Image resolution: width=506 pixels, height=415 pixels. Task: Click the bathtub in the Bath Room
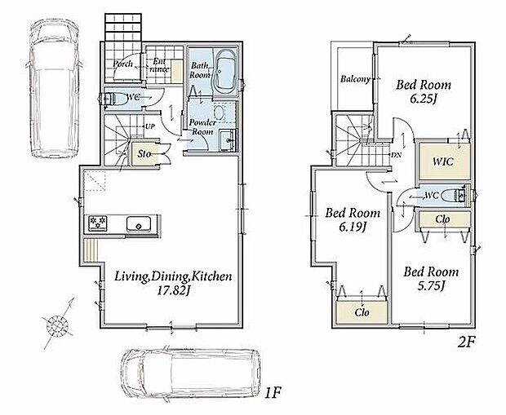[x=225, y=71]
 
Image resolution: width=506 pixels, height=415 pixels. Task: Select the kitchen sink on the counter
[x=139, y=224]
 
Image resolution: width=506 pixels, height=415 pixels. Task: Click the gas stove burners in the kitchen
[x=98, y=223]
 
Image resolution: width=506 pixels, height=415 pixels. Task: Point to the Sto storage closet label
[x=144, y=154]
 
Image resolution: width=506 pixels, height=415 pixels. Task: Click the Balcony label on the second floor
[x=355, y=79]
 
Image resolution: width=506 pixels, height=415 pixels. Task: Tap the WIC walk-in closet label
[x=442, y=161]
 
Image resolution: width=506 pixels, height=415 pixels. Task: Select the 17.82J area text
[x=173, y=291]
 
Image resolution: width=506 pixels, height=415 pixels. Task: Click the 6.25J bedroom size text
[x=423, y=99]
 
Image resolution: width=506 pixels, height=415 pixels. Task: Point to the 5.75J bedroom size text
[x=429, y=285]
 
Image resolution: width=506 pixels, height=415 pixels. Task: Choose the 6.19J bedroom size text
[x=352, y=227]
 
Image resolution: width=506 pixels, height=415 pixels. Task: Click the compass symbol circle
[x=57, y=324]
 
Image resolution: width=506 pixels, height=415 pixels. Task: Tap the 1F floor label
[x=273, y=393]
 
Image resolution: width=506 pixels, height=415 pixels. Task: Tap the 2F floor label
[x=467, y=342]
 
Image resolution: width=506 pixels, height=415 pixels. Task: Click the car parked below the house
[x=191, y=374]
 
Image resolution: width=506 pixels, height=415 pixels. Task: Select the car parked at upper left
[x=55, y=88]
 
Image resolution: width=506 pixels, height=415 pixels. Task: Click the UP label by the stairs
[x=149, y=126]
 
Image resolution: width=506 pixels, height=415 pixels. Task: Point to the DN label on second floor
[x=397, y=155]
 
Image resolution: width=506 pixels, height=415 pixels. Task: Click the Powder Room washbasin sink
[x=228, y=140]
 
